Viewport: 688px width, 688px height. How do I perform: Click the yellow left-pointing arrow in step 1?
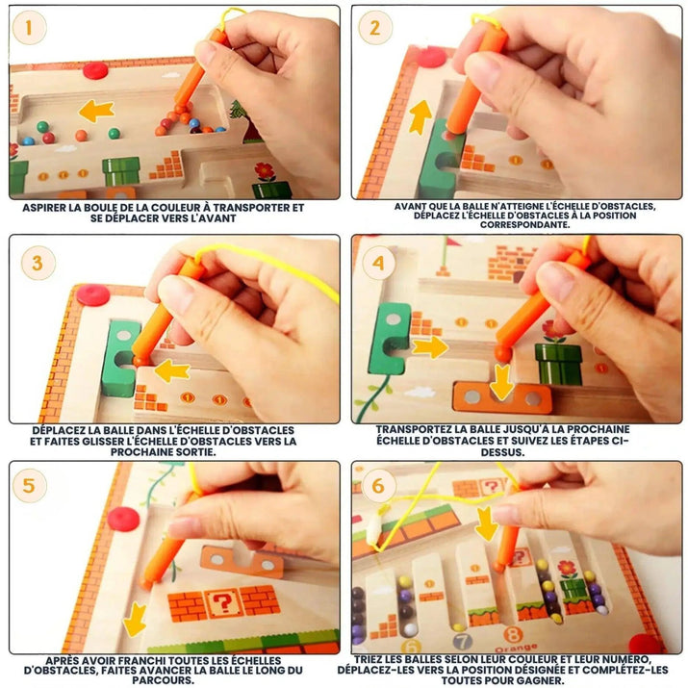click(95, 111)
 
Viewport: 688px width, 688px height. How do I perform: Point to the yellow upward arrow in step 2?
click(420, 116)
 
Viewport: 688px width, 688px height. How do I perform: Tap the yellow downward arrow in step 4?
click(500, 383)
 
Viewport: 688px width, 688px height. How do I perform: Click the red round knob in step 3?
click(93, 292)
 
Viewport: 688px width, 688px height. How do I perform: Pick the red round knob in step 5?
click(123, 518)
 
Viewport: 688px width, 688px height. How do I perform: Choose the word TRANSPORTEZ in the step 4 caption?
click(417, 431)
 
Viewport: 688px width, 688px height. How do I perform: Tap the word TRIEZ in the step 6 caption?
click(375, 657)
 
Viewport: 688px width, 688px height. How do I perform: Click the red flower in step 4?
click(554, 329)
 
